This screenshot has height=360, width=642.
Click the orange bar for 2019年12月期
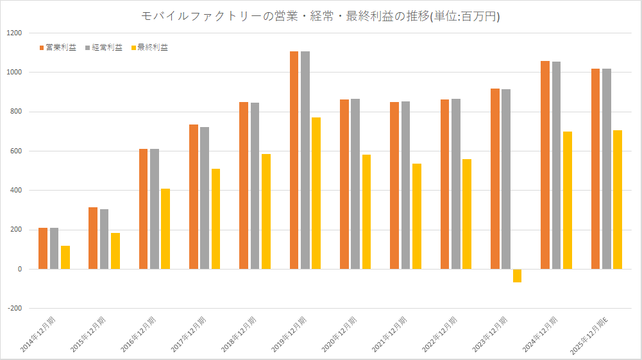pyautogui.click(x=294, y=160)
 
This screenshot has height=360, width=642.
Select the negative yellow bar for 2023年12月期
pyautogui.click(x=517, y=276)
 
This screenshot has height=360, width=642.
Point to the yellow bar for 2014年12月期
pyautogui.click(x=65, y=257)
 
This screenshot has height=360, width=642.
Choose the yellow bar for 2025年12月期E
pyautogui.click(x=617, y=200)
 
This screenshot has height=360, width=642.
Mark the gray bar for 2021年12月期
pyautogui.click(x=405, y=185)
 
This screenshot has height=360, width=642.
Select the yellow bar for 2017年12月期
pyautogui.click(x=215, y=219)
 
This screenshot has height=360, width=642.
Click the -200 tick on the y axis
pyautogui.click(x=13, y=309)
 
